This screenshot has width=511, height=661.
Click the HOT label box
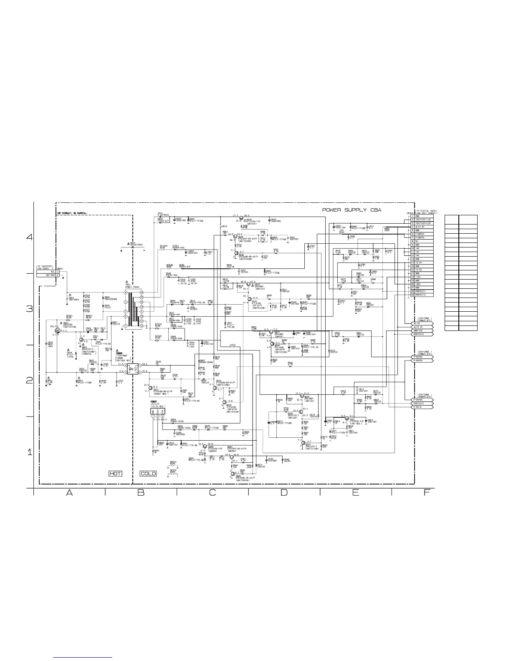115,474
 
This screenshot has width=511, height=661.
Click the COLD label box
148,474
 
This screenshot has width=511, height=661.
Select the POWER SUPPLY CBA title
352,210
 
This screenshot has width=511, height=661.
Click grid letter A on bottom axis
70,493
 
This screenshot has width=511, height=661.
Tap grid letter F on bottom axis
427,493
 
